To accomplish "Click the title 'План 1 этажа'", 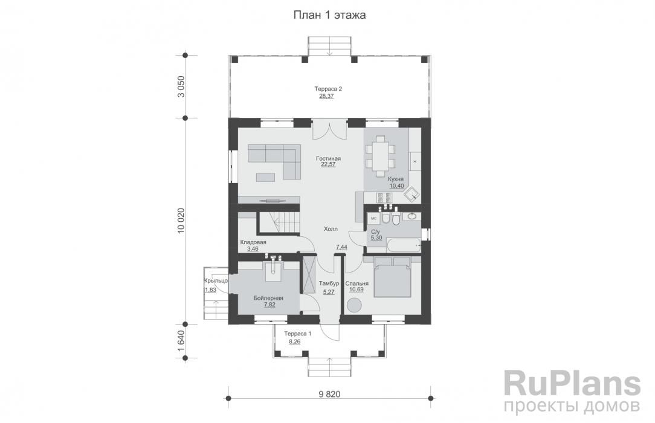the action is (329, 16).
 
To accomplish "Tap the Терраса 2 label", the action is (328, 89).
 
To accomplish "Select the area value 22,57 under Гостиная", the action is (328, 164).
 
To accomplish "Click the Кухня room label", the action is (396, 179).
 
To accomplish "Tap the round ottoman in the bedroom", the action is (355, 305).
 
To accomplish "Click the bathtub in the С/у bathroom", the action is (404, 245).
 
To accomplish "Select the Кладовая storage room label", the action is (253, 242).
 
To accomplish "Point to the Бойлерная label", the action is (268, 298).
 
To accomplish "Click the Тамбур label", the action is (329, 283).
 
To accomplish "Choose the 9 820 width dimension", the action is (329, 394).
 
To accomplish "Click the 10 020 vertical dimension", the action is (181, 221).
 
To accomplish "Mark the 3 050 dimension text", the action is (181, 87).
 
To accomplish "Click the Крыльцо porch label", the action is (216, 280).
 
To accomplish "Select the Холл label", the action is (331, 229).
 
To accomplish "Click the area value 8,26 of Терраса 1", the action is (294, 341).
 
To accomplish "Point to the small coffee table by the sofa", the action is (266, 178).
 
